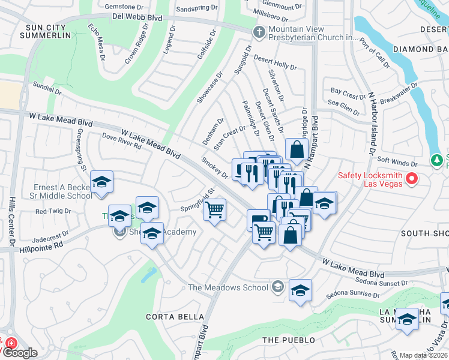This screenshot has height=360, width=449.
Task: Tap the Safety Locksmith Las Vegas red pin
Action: coord(412,178)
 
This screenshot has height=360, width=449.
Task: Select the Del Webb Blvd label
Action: coord(137,18)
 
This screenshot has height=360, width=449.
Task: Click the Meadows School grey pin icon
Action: coord(277,287)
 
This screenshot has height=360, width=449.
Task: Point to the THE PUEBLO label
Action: coord(284,340)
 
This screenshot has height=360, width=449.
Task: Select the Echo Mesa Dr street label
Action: coord(96,42)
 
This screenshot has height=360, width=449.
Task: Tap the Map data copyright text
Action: coord(423,355)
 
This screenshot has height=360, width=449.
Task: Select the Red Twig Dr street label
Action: coord(53,211)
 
